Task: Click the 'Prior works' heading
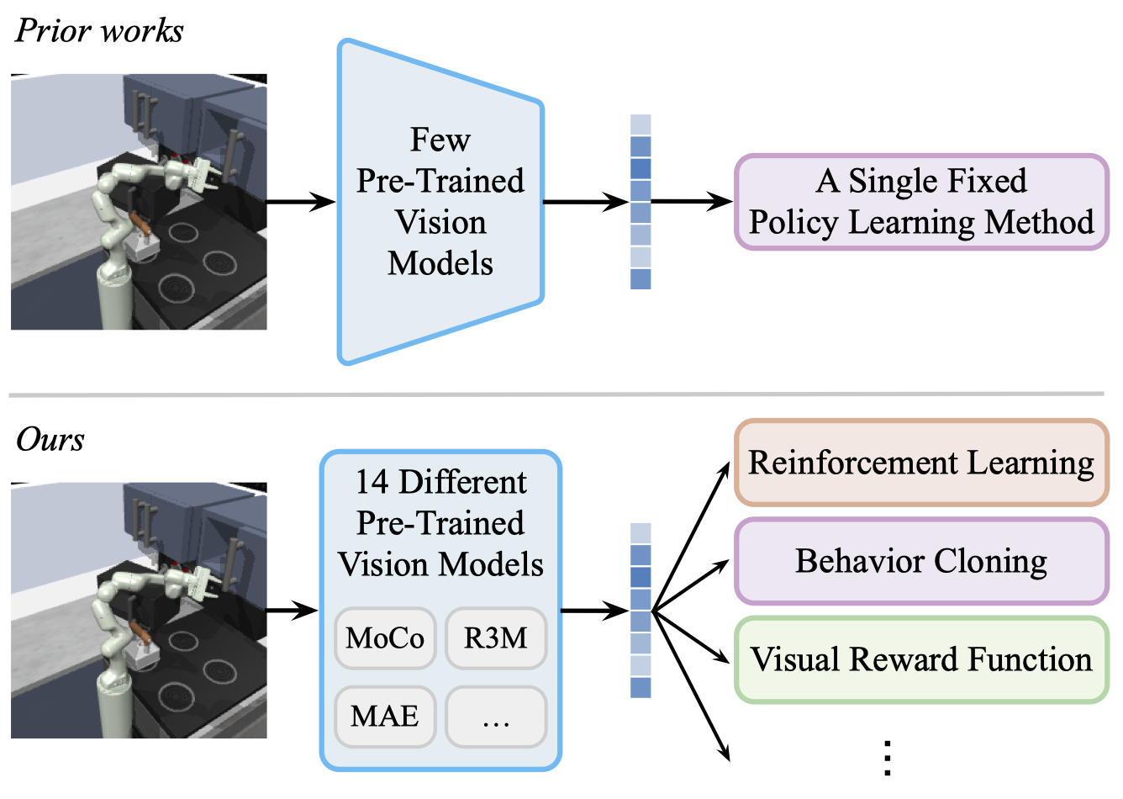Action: pyautogui.click(x=99, y=31)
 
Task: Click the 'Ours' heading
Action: pyautogui.click(x=50, y=439)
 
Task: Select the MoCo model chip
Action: pyautogui.click(x=385, y=638)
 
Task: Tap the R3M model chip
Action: pyautogui.click(x=496, y=638)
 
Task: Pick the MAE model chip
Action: pyautogui.click(x=385, y=717)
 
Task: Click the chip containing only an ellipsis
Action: pyautogui.click(x=496, y=717)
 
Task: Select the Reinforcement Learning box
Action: pyautogui.click(x=921, y=463)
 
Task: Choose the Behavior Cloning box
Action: pyautogui.click(x=921, y=561)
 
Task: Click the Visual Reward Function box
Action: pyautogui.click(x=921, y=659)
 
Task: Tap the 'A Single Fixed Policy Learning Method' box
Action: pyautogui.click(x=921, y=202)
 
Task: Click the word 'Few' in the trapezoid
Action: pyautogui.click(x=440, y=140)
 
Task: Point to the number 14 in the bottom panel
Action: pyautogui.click(x=372, y=482)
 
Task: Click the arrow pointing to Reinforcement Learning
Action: pyautogui.click(x=690, y=537)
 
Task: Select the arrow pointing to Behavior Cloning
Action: pyautogui.click(x=690, y=586)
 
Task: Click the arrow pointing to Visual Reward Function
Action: pyautogui.click(x=690, y=637)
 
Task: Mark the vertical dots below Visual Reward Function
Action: pyautogui.click(x=888, y=758)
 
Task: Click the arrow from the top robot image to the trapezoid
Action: pyautogui.click(x=301, y=202)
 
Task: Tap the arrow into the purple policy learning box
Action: pyautogui.click(x=692, y=201)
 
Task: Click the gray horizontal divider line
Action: pyautogui.click(x=556, y=394)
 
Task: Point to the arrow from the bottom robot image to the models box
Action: pyautogui.click(x=293, y=611)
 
